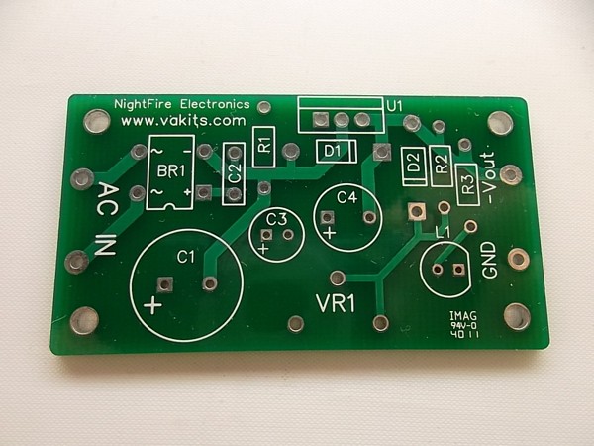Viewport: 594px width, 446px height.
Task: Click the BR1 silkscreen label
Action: click(171, 171)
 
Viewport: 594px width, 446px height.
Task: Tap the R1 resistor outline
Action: click(264, 147)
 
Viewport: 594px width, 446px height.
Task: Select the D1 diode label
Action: click(333, 152)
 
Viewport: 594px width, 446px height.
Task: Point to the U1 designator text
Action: click(394, 106)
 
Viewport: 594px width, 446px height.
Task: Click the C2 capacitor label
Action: click(236, 172)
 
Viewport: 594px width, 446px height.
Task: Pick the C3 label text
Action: click(276, 219)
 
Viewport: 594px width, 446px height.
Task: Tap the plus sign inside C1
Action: click(153, 304)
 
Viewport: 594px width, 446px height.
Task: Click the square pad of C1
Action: click(164, 284)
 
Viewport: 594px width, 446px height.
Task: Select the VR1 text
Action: click(336, 304)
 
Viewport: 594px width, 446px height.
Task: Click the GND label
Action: click(489, 260)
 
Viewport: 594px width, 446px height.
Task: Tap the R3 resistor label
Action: click(468, 184)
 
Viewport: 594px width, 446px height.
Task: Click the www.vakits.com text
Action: click(183, 121)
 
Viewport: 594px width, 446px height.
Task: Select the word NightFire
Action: click(144, 104)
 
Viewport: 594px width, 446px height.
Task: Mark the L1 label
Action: click(443, 233)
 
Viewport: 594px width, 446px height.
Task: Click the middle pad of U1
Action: click(342, 120)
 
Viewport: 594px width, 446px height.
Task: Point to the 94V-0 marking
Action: click(463, 326)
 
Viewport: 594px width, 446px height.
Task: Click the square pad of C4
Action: click(327, 218)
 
